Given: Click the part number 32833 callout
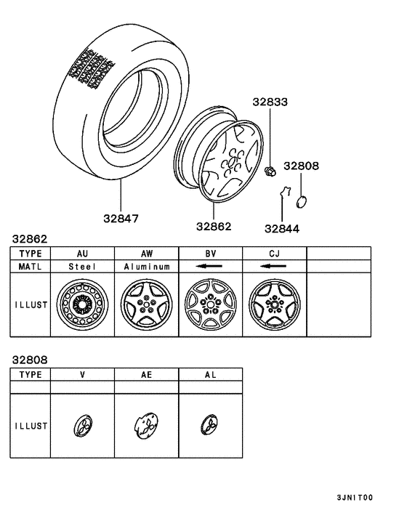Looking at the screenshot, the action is [x=270, y=102].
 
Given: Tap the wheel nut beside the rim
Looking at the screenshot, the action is [x=270, y=171].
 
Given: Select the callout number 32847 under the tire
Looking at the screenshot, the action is [x=121, y=219].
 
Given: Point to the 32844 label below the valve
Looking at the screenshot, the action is [x=282, y=229].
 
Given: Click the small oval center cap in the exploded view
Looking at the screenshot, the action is [x=302, y=201].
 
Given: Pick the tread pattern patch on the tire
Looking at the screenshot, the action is [x=92, y=69].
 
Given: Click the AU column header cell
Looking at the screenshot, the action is [x=82, y=254].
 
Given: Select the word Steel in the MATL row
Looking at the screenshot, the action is [x=82, y=267].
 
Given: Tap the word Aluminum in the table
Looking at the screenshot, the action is [x=147, y=267].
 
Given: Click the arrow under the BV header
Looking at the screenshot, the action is [x=209, y=266].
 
